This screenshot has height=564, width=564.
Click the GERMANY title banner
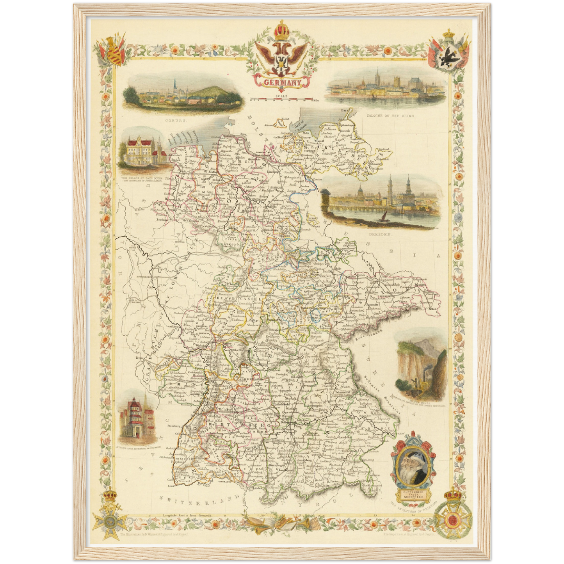tap(282, 82)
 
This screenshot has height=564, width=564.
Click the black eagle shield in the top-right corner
tap(448, 59)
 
